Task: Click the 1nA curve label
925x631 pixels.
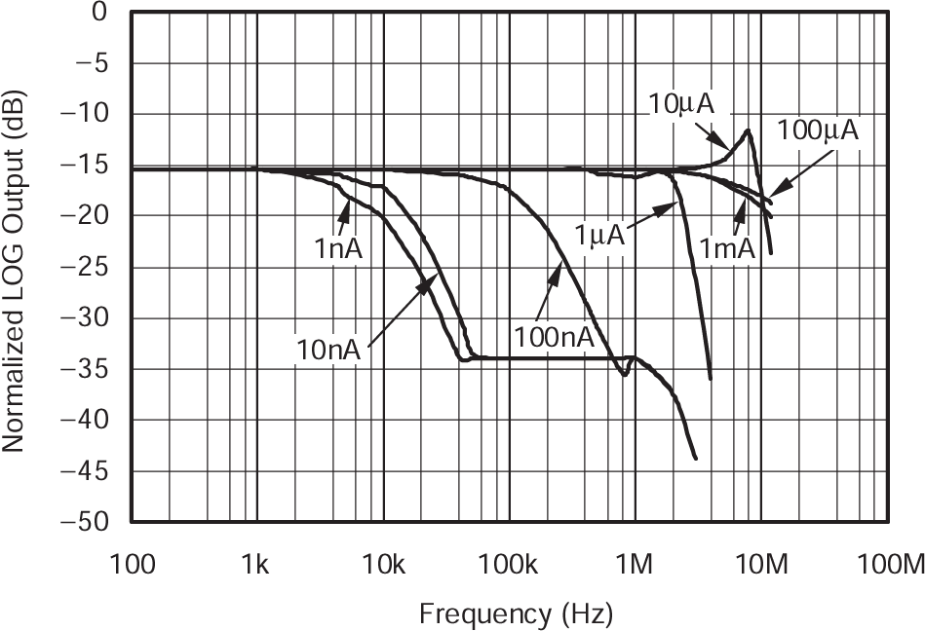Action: [338, 248]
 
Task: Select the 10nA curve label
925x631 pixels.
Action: [328, 349]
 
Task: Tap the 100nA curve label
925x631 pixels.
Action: [553, 337]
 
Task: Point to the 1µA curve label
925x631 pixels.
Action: [598, 237]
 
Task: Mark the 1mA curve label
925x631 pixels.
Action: [727, 248]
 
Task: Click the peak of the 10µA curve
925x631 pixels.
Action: [748, 130]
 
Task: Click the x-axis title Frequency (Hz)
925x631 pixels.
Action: [516, 613]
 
